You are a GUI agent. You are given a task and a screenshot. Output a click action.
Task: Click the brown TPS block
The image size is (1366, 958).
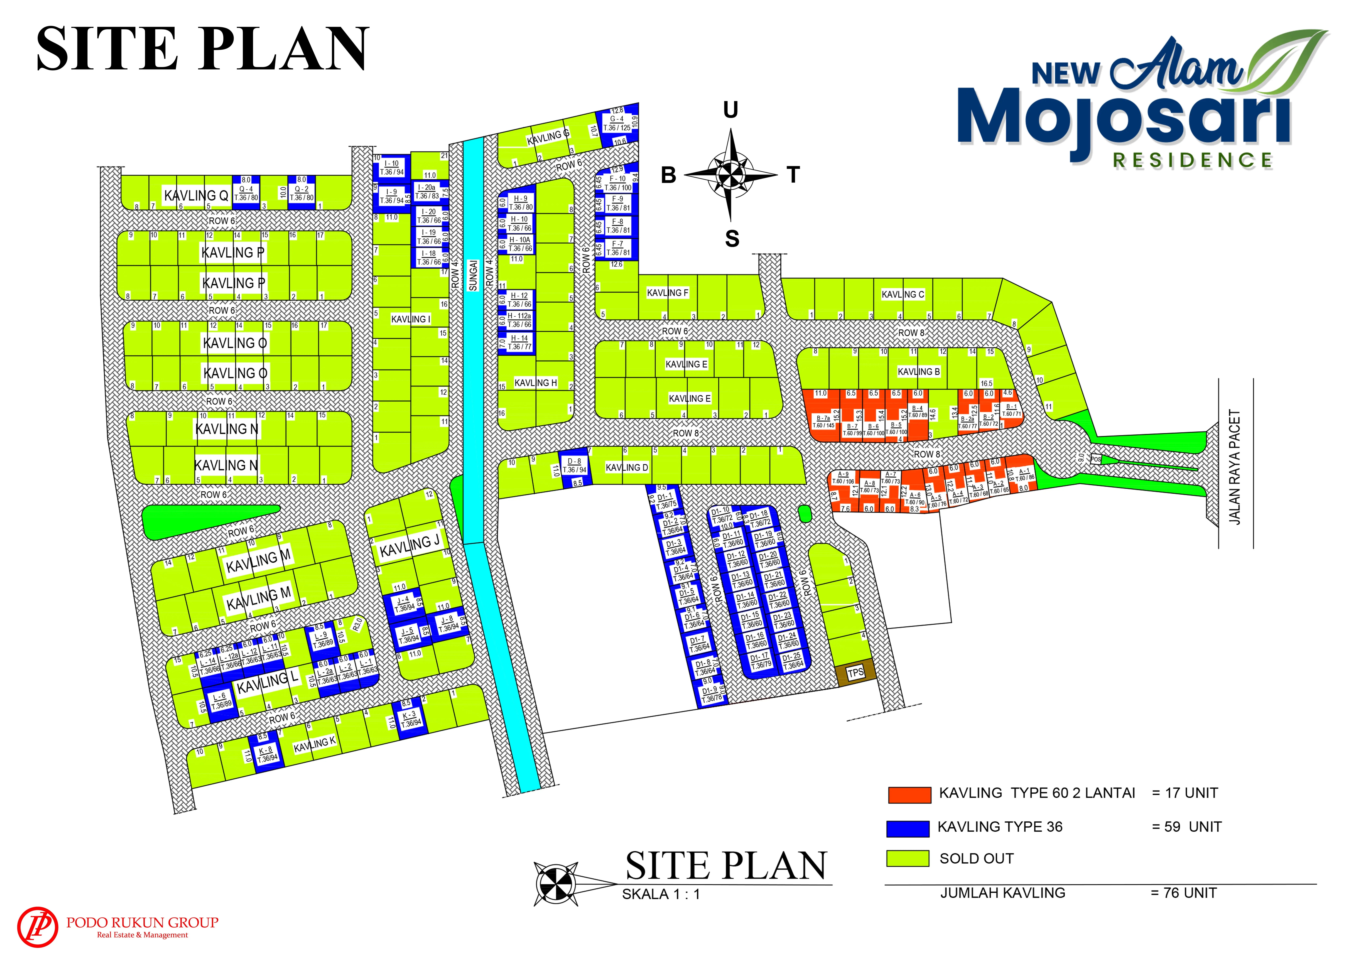(855, 673)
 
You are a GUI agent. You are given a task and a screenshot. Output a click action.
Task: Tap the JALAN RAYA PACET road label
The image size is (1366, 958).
(1235, 467)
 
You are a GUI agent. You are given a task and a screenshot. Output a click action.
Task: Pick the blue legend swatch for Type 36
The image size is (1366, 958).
(907, 828)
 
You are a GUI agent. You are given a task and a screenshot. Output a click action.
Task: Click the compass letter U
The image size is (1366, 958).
(731, 110)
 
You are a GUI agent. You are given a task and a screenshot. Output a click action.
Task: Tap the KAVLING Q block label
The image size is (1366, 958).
(196, 195)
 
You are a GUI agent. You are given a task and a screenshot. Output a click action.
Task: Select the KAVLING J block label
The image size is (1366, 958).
(409, 545)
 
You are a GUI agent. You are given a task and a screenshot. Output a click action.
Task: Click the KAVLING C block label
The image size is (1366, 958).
(903, 294)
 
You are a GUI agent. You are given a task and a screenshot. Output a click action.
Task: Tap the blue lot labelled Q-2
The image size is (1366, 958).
(302, 193)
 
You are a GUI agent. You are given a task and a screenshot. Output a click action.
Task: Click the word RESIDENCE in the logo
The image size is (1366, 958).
(1192, 161)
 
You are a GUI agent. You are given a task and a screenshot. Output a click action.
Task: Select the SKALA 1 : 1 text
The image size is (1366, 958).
(660, 894)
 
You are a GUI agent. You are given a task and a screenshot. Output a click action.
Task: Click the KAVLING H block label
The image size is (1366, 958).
(535, 383)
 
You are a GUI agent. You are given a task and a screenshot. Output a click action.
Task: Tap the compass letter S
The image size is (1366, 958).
(732, 239)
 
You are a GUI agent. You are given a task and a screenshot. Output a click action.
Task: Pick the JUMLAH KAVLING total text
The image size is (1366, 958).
(1002, 893)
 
